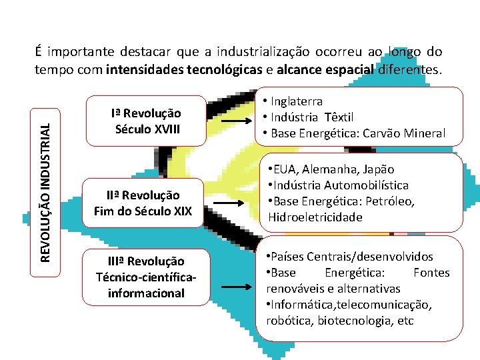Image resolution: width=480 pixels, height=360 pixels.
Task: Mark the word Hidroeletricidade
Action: (315, 217)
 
